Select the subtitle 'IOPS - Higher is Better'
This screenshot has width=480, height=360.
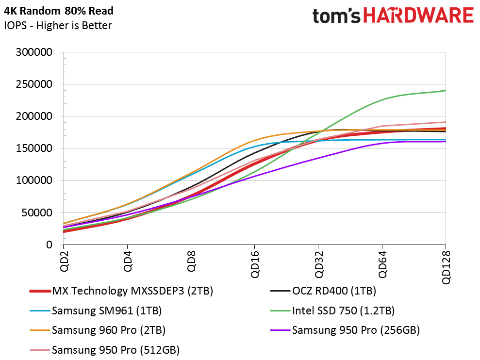(58, 26)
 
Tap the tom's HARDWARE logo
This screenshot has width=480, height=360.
(393, 16)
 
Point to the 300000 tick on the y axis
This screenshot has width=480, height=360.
(34, 52)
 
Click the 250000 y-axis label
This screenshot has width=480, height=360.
(34, 84)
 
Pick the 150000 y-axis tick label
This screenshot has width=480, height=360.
(34, 148)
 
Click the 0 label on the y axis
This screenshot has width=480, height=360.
(50, 245)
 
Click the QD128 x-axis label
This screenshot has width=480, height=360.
(446, 267)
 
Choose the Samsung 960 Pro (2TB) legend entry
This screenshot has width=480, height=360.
(109, 330)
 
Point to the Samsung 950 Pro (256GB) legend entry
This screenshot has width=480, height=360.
(356, 330)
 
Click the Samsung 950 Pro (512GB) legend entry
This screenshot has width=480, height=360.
(116, 349)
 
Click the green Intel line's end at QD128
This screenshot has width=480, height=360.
(445, 91)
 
